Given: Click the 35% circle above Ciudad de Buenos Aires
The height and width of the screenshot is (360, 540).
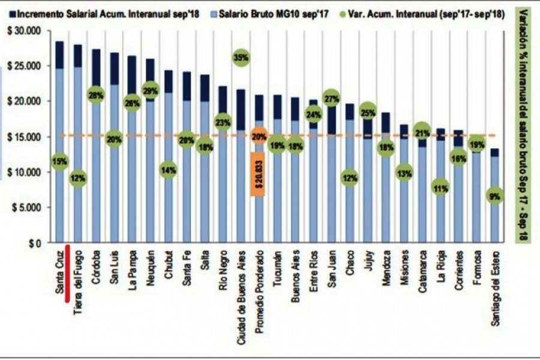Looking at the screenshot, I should pos(241,58).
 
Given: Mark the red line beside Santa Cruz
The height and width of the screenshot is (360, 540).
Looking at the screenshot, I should pos(68,268).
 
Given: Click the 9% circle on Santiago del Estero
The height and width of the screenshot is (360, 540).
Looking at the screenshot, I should pos(494,196).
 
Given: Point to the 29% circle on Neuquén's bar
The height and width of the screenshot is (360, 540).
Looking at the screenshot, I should pos(151,92).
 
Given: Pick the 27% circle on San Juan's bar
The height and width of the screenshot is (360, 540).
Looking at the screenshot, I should pos(331,97).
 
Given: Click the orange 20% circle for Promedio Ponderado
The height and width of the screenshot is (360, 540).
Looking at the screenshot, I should pos(259,137).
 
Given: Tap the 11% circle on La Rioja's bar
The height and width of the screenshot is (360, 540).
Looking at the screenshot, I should pos(440,187).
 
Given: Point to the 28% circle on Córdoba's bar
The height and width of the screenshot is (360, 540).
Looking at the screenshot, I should pos(95,95).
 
